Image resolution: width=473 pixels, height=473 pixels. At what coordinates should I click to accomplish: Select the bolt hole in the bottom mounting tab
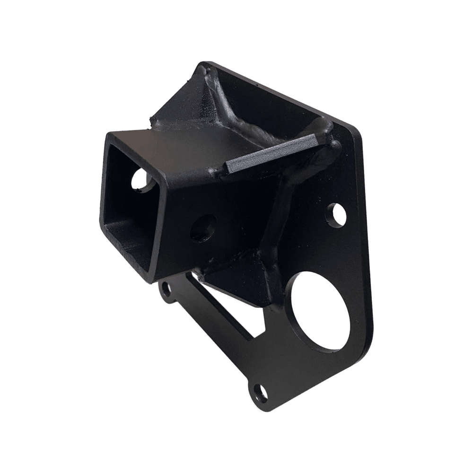point(258,391)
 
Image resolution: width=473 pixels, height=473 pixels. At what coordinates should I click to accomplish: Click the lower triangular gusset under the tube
point(236,274)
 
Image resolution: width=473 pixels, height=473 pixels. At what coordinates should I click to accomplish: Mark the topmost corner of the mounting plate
point(204,62)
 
